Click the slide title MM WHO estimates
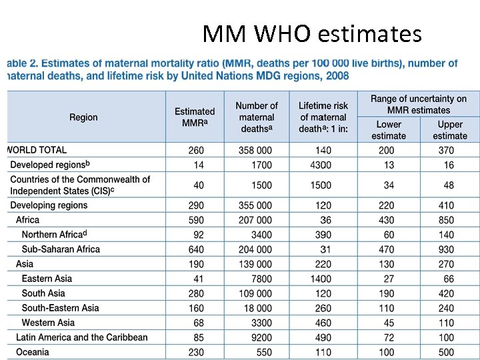pyautogui.click(x=312, y=33)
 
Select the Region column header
pyautogui.click(x=83, y=117)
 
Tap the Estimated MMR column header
pyautogui.click(x=195, y=117)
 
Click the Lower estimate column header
pyautogui.click(x=389, y=130)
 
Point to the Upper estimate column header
pyautogui.click(x=450, y=130)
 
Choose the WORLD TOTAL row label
pyautogui.click(x=37, y=150)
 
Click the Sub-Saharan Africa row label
pyautogui.click(x=61, y=249)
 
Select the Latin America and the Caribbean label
pyautogui.click(x=82, y=337)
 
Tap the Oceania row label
pyautogui.click(x=33, y=352)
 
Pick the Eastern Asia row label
pyautogui.click(x=47, y=279)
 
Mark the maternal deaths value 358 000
pyautogui.click(x=255, y=151)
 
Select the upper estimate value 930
pyautogui.click(x=446, y=249)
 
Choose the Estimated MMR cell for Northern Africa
pyautogui.click(x=198, y=235)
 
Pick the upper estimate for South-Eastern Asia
pyautogui.click(x=446, y=308)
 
